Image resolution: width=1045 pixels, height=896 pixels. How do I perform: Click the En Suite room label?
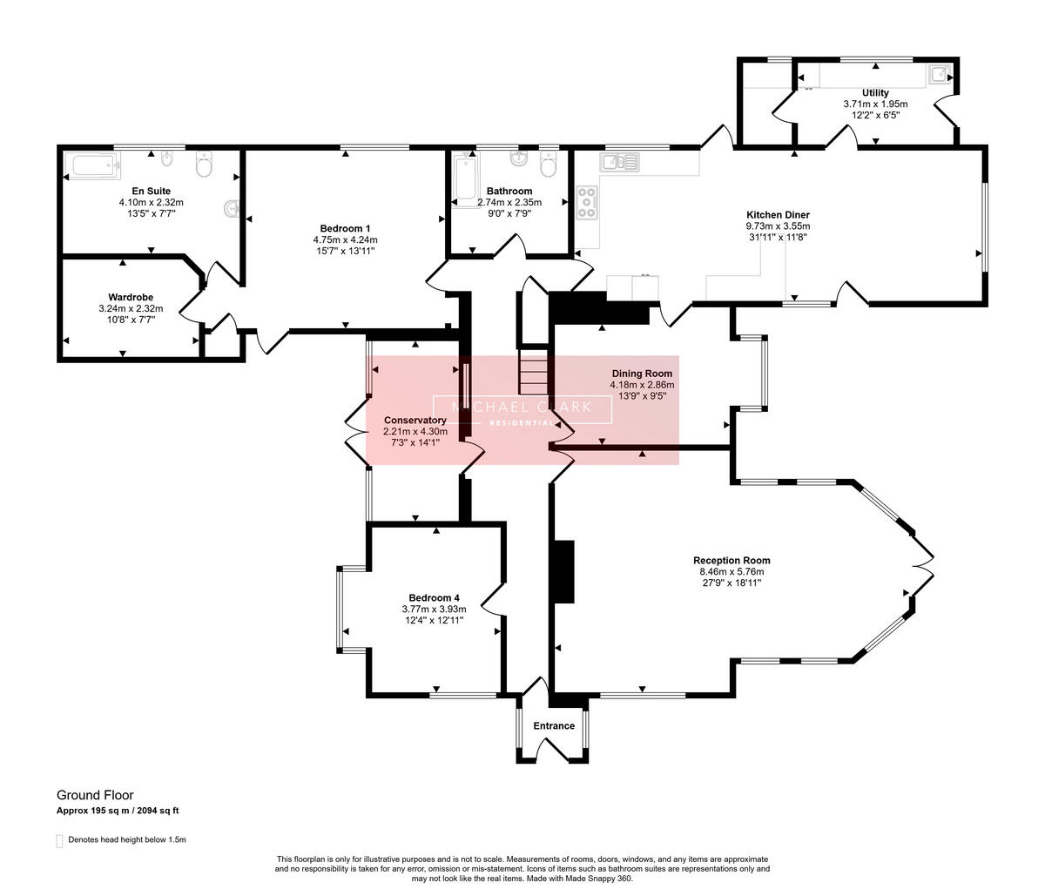[152, 192]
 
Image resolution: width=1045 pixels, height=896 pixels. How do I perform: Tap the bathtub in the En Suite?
[96, 165]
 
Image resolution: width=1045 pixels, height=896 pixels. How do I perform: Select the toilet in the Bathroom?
[548, 164]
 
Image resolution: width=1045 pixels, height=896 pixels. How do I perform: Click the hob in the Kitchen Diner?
[587, 202]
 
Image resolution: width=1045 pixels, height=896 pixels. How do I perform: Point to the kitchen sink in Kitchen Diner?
[620, 162]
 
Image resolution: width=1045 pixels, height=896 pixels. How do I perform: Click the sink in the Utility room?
[940, 74]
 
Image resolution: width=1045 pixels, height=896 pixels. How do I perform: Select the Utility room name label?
[876, 93]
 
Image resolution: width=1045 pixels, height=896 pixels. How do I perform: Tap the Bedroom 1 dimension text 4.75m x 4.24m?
[346, 239]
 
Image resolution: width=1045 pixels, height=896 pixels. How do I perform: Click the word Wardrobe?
[131, 297]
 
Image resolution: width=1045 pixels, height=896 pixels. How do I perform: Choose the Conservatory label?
[415, 421]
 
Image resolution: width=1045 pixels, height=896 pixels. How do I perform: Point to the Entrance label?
[554, 726]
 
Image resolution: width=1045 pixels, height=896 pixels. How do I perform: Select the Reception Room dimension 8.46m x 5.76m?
[731, 572]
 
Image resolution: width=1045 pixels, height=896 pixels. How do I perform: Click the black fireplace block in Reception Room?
[564, 572]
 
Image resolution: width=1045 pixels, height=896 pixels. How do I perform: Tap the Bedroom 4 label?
[435, 598]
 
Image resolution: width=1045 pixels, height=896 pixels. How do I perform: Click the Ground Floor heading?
[95, 795]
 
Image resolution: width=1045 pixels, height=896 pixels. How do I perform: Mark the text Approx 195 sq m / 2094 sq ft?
[118, 811]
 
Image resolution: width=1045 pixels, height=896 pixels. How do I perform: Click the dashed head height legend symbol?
[60, 840]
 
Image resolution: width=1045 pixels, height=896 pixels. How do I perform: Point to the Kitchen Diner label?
[778, 215]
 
